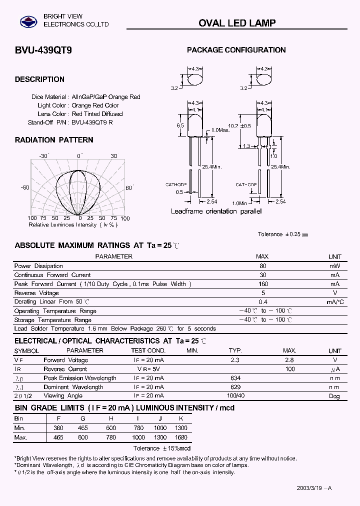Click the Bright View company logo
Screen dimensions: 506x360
click(x=28, y=21)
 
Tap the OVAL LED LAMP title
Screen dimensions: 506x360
click(x=237, y=23)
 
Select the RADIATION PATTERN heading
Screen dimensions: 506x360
click(x=54, y=140)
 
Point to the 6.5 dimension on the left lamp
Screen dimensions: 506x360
click(x=180, y=126)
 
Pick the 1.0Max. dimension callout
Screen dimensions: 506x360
click(x=220, y=130)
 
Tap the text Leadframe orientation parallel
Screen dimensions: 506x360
click(x=216, y=211)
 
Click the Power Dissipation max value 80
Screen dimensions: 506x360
click(x=263, y=266)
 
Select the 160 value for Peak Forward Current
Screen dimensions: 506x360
click(x=263, y=284)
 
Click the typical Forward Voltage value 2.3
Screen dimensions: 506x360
click(x=235, y=360)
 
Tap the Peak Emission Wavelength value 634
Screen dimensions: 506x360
click(x=235, y=378)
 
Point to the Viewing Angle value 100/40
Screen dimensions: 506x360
click(x=235, y=396)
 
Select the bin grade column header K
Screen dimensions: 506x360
click(x=181, y=418)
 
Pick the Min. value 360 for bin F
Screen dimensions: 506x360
click(x=58, y=428)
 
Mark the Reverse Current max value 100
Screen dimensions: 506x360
click(x=289, y=369)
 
